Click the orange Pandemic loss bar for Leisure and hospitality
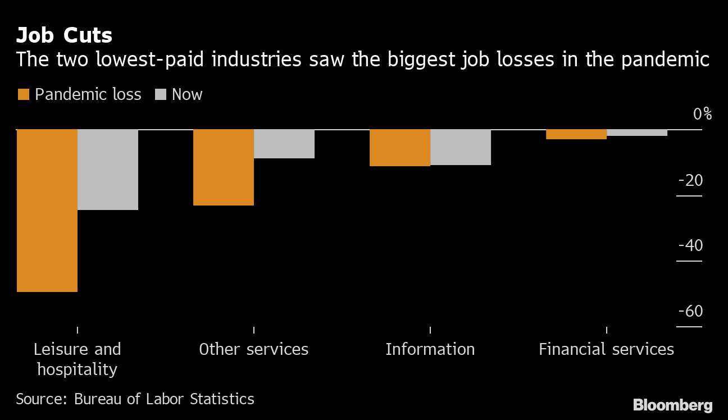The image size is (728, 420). (47, 211)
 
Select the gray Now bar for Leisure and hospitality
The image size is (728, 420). (107, 170)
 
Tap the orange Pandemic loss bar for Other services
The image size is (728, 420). (224, 167)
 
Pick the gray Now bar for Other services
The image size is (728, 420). (284, 144)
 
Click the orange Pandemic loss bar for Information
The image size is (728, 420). (400, 148)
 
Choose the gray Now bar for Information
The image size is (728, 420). (461, 147)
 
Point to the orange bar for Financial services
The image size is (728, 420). (576, 134)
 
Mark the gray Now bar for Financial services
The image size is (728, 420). (637, 133)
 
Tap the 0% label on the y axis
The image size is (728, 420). (702, 114)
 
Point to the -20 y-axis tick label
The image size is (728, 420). (691, 181)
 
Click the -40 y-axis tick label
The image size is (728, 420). (691, 246)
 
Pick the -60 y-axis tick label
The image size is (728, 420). (691, 311)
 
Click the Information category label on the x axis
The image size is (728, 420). (430, 349)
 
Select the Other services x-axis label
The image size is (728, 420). (254, 349)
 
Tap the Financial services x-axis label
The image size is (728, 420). (606, 349)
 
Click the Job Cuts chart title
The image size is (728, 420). (64, 35)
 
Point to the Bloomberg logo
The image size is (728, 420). (672, 405)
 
